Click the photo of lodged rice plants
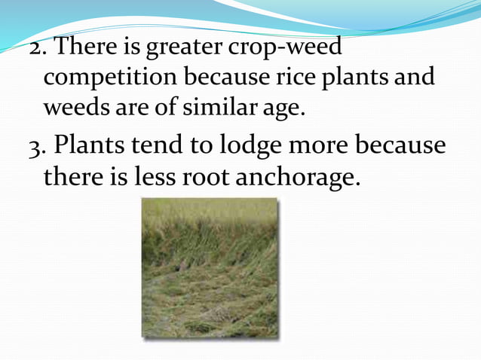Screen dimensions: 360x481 coord(210,267)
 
